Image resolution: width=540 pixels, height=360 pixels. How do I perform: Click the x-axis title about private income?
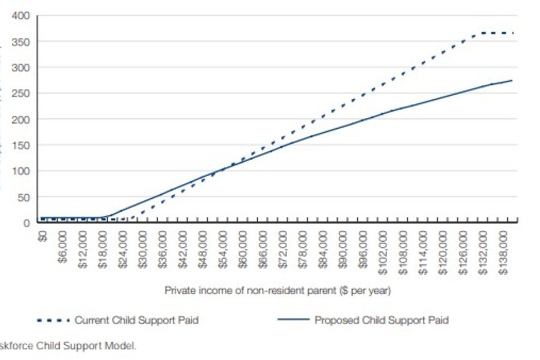coord(278,290)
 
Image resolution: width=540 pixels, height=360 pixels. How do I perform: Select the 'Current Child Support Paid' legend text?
coord(136,320)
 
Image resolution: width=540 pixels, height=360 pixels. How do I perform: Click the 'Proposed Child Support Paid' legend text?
coord(382,320)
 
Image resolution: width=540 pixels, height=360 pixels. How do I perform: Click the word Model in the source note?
coord(124,346)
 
